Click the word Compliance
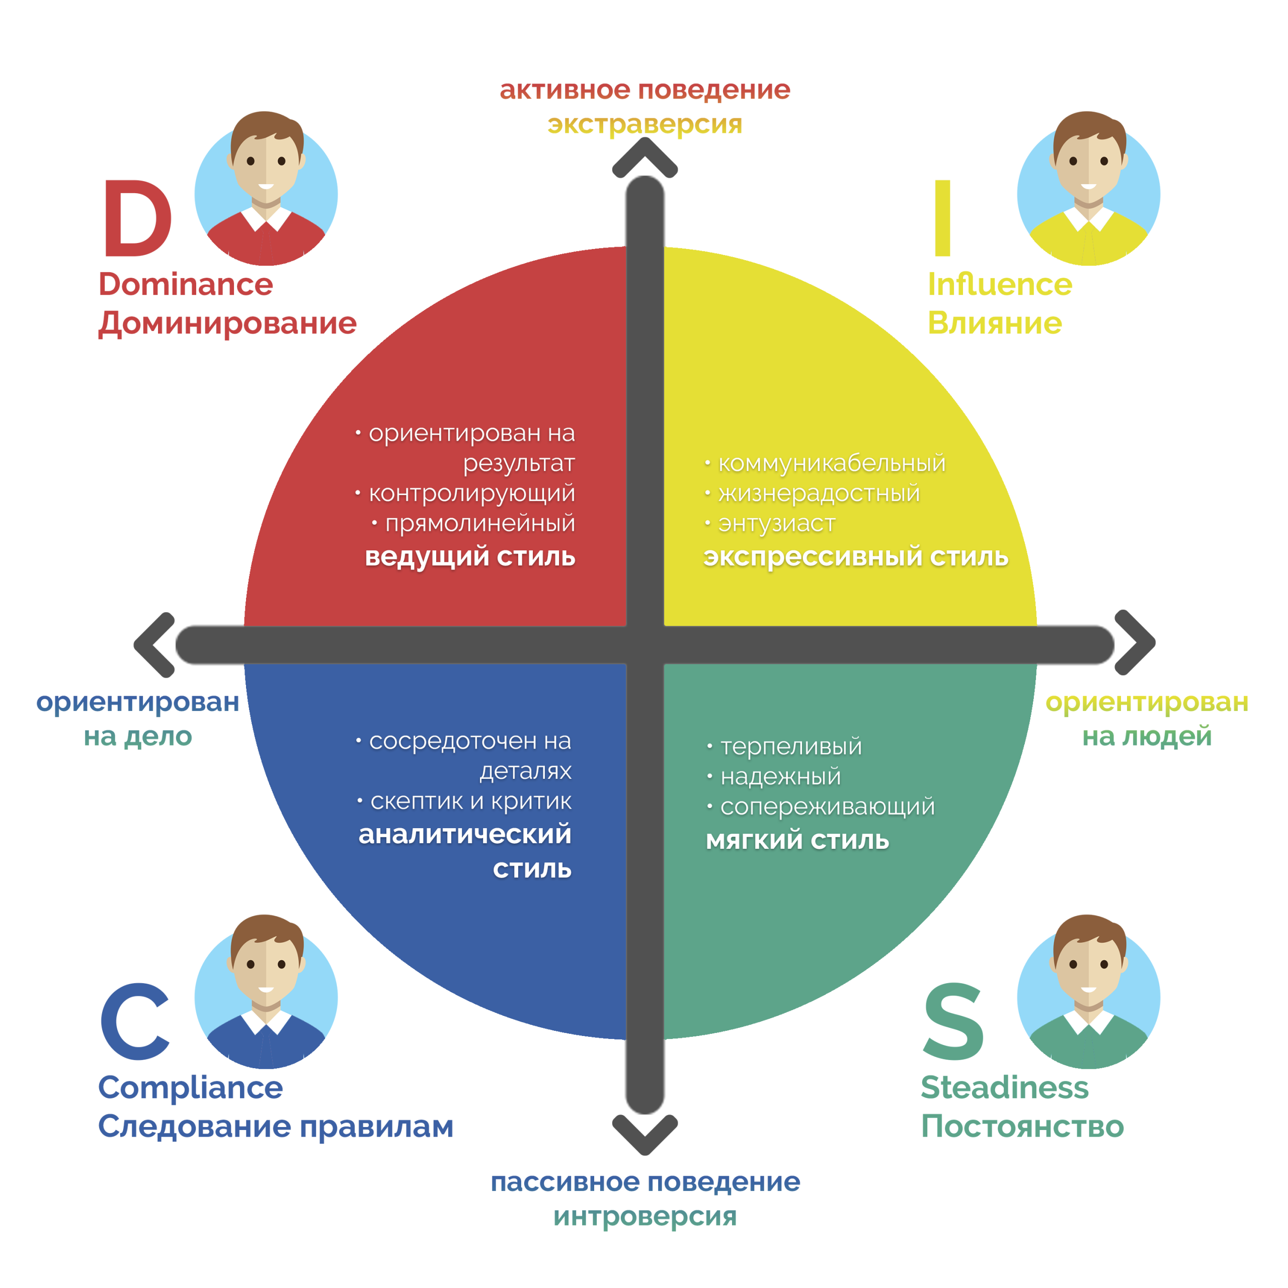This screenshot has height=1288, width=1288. tap(190, 1087)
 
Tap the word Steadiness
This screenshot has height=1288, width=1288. tap(1004, 1087)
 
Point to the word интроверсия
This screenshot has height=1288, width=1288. tap(645, 1217)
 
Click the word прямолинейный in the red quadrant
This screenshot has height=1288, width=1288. tap(479, 523)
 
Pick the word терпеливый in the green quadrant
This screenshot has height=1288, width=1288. tap(791, 747)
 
